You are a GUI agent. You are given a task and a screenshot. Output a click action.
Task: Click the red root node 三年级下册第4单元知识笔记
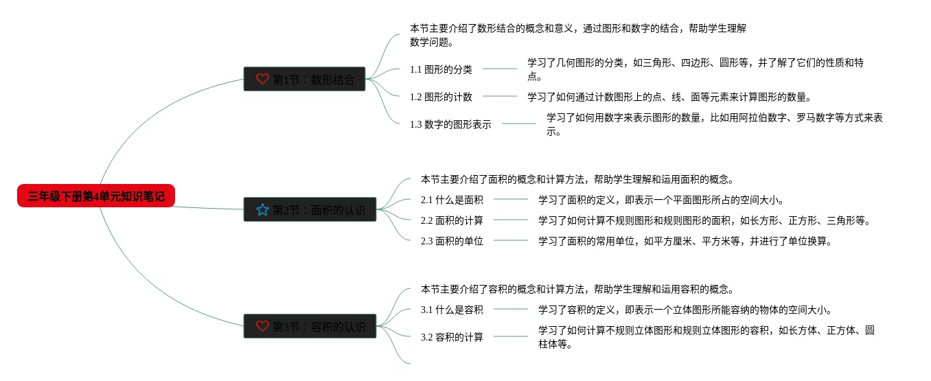click(96, 196)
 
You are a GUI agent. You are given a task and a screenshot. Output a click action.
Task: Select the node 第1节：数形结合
click(304, 79)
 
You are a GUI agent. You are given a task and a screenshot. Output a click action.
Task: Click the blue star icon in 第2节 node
click(262, 209)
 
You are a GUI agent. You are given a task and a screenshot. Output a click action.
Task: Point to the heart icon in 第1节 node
click(262, 79)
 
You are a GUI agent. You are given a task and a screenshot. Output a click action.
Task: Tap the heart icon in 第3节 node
click(262, 326)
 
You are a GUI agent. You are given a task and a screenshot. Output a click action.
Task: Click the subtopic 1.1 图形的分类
click(441, 69)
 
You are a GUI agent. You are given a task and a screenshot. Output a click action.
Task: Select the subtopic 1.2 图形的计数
click(441, 97)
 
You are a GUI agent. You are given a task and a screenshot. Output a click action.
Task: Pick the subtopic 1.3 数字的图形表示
click(450, 124)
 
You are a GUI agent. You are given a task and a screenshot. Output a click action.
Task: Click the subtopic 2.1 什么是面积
click(452, 200)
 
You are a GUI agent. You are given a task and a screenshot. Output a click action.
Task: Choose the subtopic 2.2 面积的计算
click(452, 220)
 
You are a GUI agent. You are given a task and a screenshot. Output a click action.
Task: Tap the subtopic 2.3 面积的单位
click(452, 241)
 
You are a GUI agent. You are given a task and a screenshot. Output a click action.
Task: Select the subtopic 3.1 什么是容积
click(452, 310)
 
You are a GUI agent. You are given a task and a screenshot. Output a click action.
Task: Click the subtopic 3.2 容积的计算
click(452, 337)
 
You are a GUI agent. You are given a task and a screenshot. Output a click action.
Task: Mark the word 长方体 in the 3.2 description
click(797, 330)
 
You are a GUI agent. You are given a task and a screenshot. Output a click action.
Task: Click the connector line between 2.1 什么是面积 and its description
click(511, 200)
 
